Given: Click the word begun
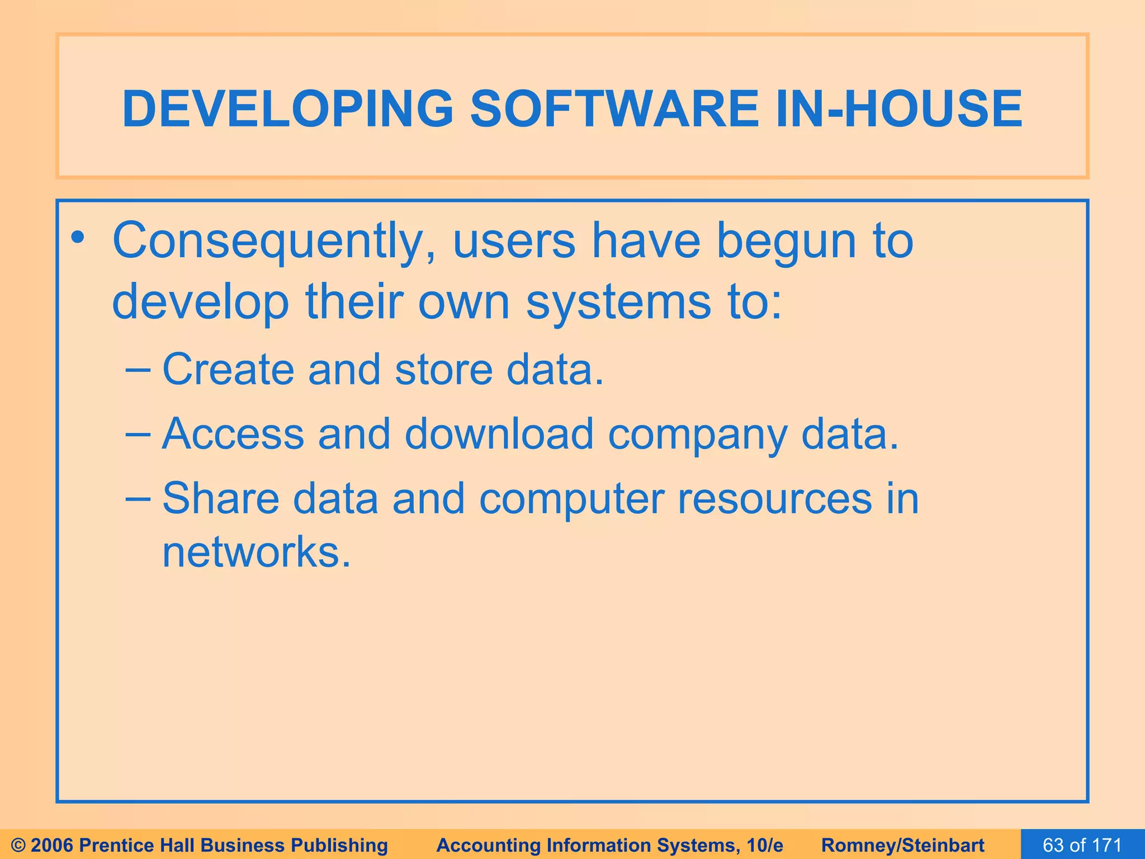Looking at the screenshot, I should [x=786, y=242].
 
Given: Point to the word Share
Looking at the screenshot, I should [x=220, y=498].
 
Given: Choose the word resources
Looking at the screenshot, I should [x=774, y=498].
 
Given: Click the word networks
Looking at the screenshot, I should [x=256, y=552].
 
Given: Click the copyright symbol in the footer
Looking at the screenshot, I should [x=18, y=845].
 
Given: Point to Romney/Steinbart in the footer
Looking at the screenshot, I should [x=903, y=845].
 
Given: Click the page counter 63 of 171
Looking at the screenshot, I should [x=1082, y=845].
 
